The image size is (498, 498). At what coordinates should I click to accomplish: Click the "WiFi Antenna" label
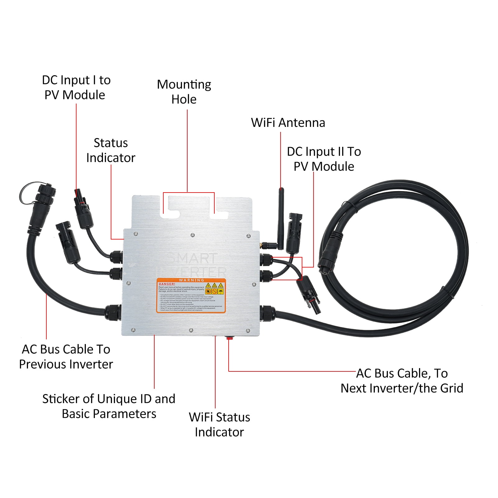coord(288,123)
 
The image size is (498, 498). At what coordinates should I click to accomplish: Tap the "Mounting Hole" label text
coord(184,92)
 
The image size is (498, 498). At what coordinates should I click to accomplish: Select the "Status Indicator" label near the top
coord(111,150)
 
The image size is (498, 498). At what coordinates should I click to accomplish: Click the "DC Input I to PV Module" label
coord(76,87)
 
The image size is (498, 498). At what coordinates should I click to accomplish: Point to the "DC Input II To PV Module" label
coord(324,159)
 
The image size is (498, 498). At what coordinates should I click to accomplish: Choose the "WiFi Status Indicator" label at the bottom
coord(219,425)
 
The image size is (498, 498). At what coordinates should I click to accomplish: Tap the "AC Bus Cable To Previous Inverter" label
coord(66,357)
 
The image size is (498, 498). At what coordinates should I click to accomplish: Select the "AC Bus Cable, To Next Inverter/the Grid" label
coord(402,381)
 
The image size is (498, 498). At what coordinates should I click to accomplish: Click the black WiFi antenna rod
coord(281,218)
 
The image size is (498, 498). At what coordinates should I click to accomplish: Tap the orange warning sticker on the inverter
coord(191,296)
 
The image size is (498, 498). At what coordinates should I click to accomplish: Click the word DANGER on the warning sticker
coord(167,284)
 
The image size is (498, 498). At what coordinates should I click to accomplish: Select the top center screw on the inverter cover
coord(193,235)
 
